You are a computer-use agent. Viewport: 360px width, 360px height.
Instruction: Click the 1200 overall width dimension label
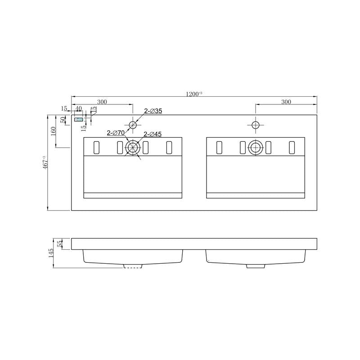194,94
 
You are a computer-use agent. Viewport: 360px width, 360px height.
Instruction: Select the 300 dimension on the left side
102,102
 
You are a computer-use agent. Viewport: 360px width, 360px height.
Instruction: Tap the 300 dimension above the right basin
286,102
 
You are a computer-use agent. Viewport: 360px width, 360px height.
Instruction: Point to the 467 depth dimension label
44,162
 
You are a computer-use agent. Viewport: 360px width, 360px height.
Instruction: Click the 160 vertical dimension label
53,131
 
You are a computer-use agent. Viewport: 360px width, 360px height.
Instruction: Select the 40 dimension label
79,108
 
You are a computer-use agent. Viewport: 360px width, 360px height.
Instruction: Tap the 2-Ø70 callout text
116,133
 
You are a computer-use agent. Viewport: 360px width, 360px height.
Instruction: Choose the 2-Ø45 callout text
153,134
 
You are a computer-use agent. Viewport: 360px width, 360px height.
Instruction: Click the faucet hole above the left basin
133,125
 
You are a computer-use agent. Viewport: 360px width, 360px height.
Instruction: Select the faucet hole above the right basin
255,125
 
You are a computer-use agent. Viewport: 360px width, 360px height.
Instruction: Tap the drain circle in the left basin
133,147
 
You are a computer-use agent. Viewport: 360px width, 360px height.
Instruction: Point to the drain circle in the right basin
255,147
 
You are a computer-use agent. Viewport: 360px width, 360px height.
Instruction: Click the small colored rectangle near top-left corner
79,120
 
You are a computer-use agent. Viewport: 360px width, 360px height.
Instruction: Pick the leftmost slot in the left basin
95,147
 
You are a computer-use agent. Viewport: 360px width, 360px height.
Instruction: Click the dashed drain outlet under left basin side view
132,266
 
